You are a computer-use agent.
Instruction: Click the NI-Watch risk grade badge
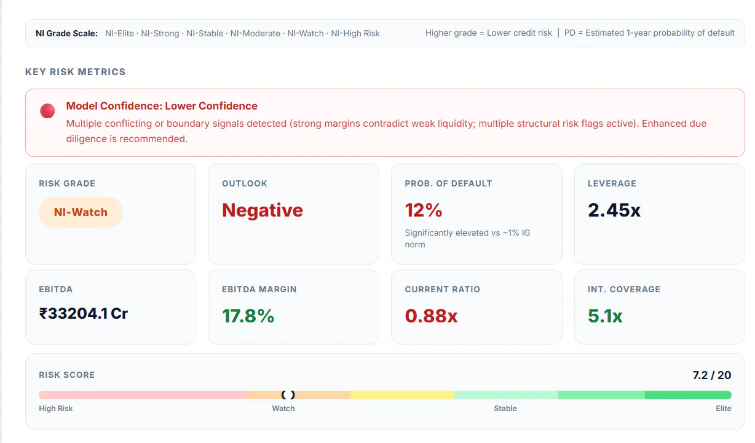[x=81, y=212]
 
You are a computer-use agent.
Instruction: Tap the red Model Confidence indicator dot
[x=47, y=111]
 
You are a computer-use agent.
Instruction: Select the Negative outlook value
[x=263, y=210]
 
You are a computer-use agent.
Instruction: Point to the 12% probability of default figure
[x=424, y=210]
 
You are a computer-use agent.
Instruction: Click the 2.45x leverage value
[x=614, y=210]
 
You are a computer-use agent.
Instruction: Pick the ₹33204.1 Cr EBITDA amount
[x=83, y=313]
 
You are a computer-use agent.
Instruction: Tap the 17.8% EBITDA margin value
[x=248, y=316]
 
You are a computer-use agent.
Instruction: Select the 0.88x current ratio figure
[x=431, y=316]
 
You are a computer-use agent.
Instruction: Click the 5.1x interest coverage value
[x=604, y=316]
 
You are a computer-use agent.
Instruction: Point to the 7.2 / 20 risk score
[x=712, y=375]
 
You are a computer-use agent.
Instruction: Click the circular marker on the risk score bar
[x=288, y=395]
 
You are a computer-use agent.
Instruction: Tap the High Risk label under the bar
[x=55, y=409]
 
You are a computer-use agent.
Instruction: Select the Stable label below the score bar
[x=505, y=409]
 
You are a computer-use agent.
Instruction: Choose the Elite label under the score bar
[x=723, y=409]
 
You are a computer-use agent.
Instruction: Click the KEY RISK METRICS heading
[x=75, y=72]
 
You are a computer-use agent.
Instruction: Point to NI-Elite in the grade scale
[x=119, y=33]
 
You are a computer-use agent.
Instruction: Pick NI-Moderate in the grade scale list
[x=255, y=33]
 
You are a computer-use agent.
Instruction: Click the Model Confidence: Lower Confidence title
[x=162, y=106]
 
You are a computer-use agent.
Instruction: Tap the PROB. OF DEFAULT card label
[x=448, y=183]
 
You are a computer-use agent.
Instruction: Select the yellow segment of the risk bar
[x=402, y=395]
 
